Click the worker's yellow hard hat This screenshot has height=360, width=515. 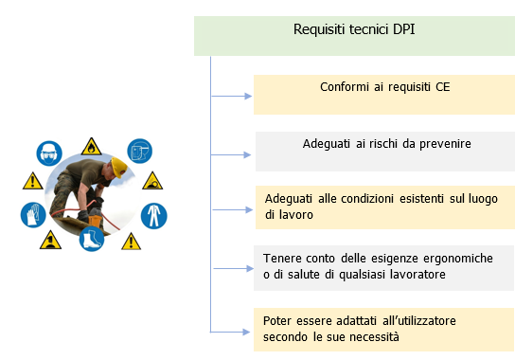118,167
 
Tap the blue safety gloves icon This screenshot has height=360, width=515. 32,214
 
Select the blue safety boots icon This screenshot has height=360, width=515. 92,238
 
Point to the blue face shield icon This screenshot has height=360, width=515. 141,151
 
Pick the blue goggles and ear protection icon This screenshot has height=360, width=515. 47,152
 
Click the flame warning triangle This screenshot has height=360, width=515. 90,146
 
